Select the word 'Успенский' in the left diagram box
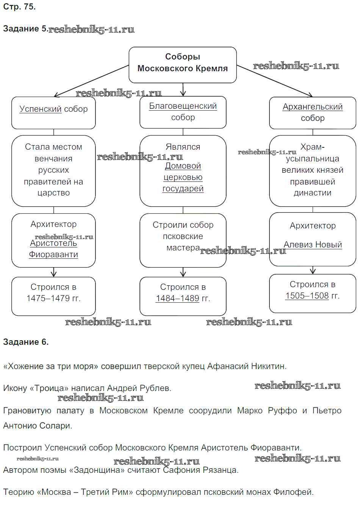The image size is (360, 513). coord(40,109)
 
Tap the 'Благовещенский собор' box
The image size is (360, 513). coord(183,112)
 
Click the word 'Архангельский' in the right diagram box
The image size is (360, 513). coord(312,107)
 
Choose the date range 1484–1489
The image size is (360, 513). coord(177,299)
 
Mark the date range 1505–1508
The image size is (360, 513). coord(307,296)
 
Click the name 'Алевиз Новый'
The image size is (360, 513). coord(313,245)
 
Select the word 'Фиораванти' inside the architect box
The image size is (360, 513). coord(53,255)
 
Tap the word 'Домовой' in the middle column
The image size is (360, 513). coord(183,166)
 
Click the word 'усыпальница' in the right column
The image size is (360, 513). coord(312,158)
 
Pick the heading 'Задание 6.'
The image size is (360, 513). coord(26,342)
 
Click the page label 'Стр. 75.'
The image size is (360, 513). coord(19,7)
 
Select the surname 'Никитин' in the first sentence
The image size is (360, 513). coord(270,366)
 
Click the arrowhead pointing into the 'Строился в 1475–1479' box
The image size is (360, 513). coord(53,274)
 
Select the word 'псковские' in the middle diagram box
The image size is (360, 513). coord(183,236)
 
